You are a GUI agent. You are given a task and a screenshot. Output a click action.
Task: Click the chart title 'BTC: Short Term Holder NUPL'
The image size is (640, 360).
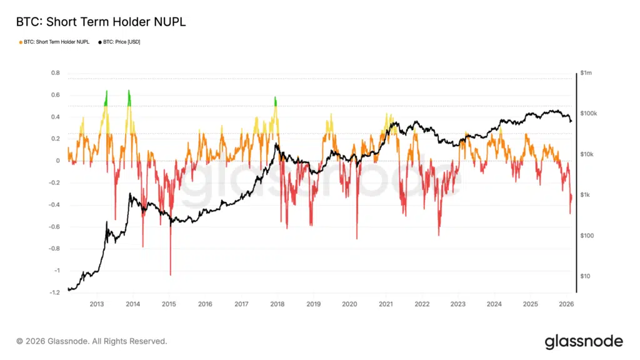point(101,22)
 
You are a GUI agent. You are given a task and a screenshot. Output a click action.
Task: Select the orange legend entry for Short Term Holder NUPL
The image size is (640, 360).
point(54,42)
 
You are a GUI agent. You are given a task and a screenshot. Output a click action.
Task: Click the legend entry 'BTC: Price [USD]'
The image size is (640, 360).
point(119,42)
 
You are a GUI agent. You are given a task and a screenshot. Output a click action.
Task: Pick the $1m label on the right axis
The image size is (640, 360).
point(586,73)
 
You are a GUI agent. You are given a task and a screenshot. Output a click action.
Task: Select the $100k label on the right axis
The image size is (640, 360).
point(589,114)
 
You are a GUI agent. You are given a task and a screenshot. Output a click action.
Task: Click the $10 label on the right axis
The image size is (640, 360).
point(585,276)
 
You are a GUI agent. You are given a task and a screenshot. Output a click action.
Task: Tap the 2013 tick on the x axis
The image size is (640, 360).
point(97,304)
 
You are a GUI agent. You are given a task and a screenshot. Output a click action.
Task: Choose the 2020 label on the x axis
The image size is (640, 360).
point(350,304)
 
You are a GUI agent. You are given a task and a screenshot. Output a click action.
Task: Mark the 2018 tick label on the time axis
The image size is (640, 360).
point(277,304)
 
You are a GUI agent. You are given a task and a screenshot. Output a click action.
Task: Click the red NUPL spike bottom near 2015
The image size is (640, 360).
point(170,274)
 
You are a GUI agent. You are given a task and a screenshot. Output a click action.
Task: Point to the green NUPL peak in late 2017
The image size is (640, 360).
point(275,98)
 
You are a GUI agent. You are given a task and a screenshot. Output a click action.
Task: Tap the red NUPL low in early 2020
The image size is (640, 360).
point(357,238)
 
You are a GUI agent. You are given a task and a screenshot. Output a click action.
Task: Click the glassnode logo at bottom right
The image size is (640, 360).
point(583,341)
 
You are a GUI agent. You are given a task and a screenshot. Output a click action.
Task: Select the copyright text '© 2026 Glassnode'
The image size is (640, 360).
point(92,341)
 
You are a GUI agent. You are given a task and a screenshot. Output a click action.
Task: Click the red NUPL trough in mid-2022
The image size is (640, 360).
point(439,235)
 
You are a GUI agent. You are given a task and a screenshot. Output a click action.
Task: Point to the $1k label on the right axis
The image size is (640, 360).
point(586,195)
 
